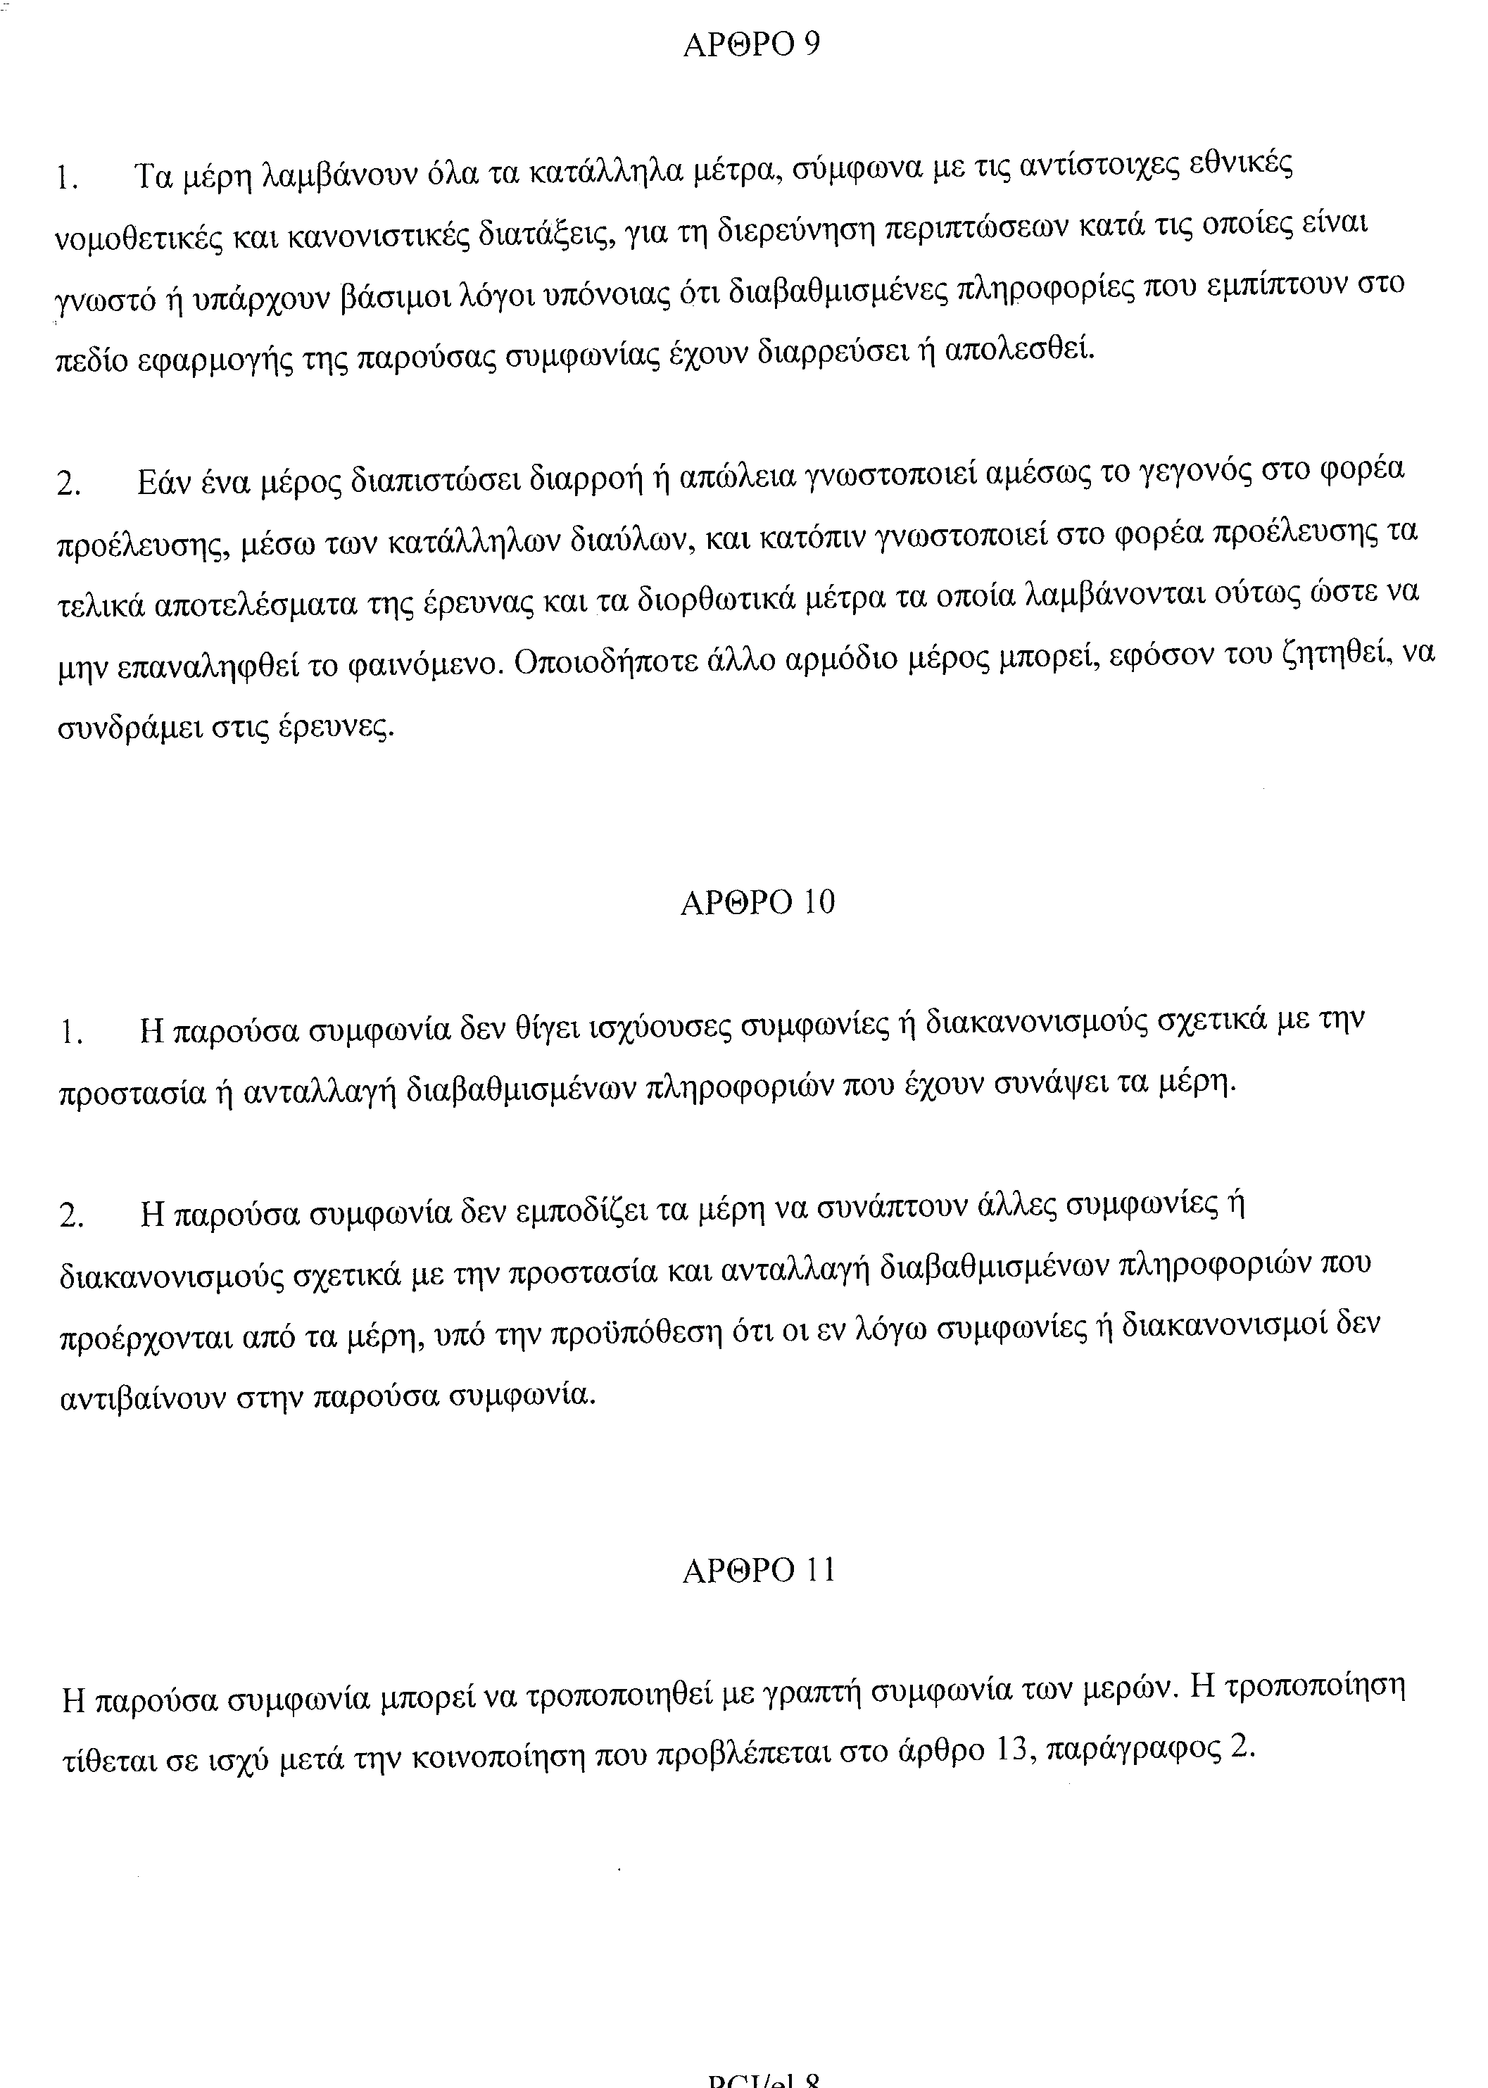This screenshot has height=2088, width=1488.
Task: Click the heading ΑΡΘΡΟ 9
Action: click(x=751, y=46)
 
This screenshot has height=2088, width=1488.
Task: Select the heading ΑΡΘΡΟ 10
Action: click(x=758, y=904)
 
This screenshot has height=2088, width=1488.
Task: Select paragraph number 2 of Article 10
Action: click(x=70, y=1217)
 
